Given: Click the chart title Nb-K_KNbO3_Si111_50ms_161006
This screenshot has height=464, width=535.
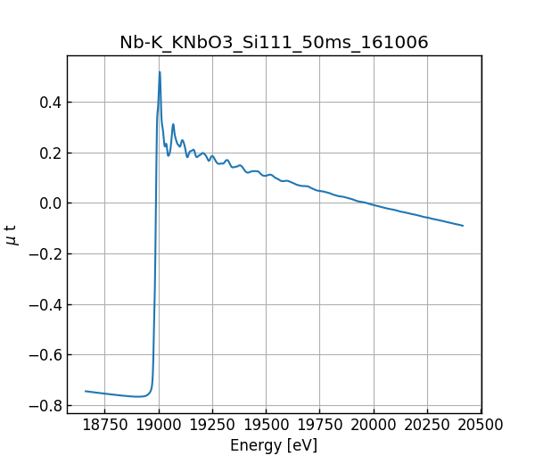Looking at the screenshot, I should [x=274, y=43].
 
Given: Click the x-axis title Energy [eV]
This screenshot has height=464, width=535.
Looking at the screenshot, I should [x=274, y=445].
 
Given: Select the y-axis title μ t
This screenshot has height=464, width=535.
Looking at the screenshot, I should [x=12, y=235].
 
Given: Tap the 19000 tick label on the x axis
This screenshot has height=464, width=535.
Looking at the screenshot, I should [x=159, y=425].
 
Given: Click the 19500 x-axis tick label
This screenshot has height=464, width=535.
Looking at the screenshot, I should [x=267, y=425].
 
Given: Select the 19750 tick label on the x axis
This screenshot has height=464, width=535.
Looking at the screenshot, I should [x=320, y=425].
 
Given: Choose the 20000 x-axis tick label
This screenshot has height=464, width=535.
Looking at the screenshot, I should [x=374, y=425].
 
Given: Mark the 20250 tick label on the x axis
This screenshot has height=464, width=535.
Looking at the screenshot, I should [x=428, y=425].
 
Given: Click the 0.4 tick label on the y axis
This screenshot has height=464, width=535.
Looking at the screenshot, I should [x=50, y=103].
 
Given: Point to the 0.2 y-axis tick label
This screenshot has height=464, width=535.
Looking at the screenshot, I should [x=50, y=153].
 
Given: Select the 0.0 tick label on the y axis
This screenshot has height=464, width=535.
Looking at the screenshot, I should [x=50, y=203].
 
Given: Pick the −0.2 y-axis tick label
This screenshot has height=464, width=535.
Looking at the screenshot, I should [x=45, y=254].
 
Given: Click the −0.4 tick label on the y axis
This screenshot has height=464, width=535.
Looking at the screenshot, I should [x=45, y=304].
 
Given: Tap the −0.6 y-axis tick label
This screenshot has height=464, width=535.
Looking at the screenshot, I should [x=45, y=355].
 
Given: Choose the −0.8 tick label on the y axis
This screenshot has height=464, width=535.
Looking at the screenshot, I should [x=45, y=405].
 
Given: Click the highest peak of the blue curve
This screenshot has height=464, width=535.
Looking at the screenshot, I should [x=160, y=72].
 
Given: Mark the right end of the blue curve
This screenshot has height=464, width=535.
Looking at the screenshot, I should [x=463, y=226].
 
